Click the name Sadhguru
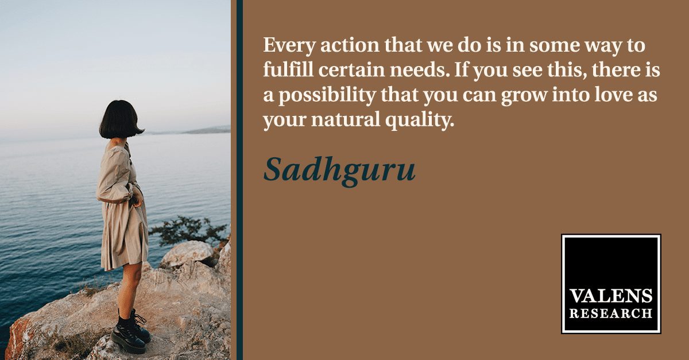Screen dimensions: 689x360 pos(339,170)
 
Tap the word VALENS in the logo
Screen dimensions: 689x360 pos(611,296)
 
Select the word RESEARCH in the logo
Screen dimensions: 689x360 pos(611,313)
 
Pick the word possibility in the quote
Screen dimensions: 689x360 pos(327,95)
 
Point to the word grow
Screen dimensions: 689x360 pos(524,96)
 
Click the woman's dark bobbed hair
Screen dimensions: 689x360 pos(120,119)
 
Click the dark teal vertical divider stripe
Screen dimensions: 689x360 pos(239,180)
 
